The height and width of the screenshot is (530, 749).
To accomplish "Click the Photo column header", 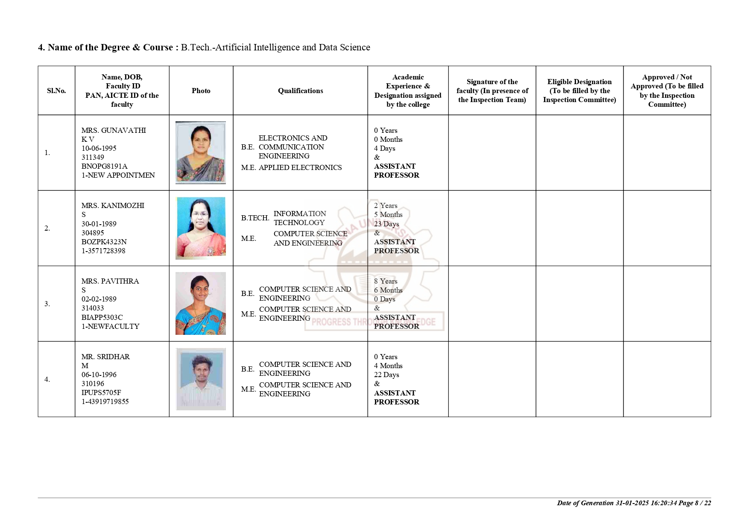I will click(201, 91).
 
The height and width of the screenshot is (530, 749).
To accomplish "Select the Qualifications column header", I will click(300, 91).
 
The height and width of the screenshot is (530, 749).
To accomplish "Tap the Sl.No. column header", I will click(56, 91).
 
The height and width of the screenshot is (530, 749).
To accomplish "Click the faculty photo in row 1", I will click(201, 152).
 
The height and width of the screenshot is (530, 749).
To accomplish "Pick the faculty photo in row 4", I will click(201, 379).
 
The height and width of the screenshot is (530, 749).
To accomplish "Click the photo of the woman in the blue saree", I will click(201, 303).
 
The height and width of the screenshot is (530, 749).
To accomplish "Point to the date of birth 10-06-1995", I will click(99, 148).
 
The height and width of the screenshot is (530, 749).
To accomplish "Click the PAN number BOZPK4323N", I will click(104, 242).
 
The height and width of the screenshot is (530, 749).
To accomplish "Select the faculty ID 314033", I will click(93, 308).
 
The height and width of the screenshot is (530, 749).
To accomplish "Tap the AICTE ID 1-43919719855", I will click(105, 401).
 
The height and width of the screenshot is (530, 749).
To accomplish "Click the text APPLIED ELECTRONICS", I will click(300, 167).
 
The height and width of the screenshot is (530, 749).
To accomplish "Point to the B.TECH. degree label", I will click(255, 218).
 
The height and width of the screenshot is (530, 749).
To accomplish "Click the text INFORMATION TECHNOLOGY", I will click(299, 218).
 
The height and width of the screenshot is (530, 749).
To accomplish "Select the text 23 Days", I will click(386, 224).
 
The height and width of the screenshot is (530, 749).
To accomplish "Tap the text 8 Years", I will click(386, 281).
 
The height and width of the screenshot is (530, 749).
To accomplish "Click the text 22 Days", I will click(386, 375).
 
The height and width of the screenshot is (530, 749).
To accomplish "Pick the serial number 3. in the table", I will click(47, 304).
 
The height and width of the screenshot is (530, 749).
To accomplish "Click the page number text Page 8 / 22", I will click(695, 503).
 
